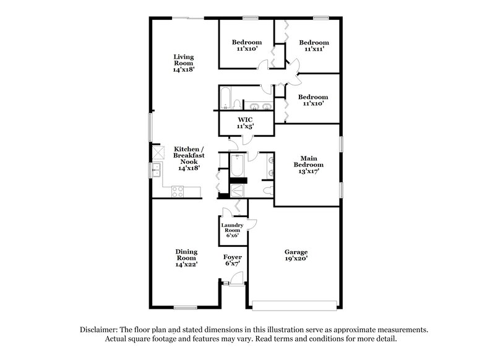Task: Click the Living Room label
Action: tap(184, 63)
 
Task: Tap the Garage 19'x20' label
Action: tap(296, 255)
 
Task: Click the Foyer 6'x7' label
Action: tap(233, 260)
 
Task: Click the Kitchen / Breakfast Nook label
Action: tap(186, 158)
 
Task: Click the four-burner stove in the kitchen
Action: tap(176, 191)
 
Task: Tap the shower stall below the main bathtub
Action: tap(236, 188)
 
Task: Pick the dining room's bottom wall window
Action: tap(186, 307)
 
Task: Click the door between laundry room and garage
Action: tap(250, 225)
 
